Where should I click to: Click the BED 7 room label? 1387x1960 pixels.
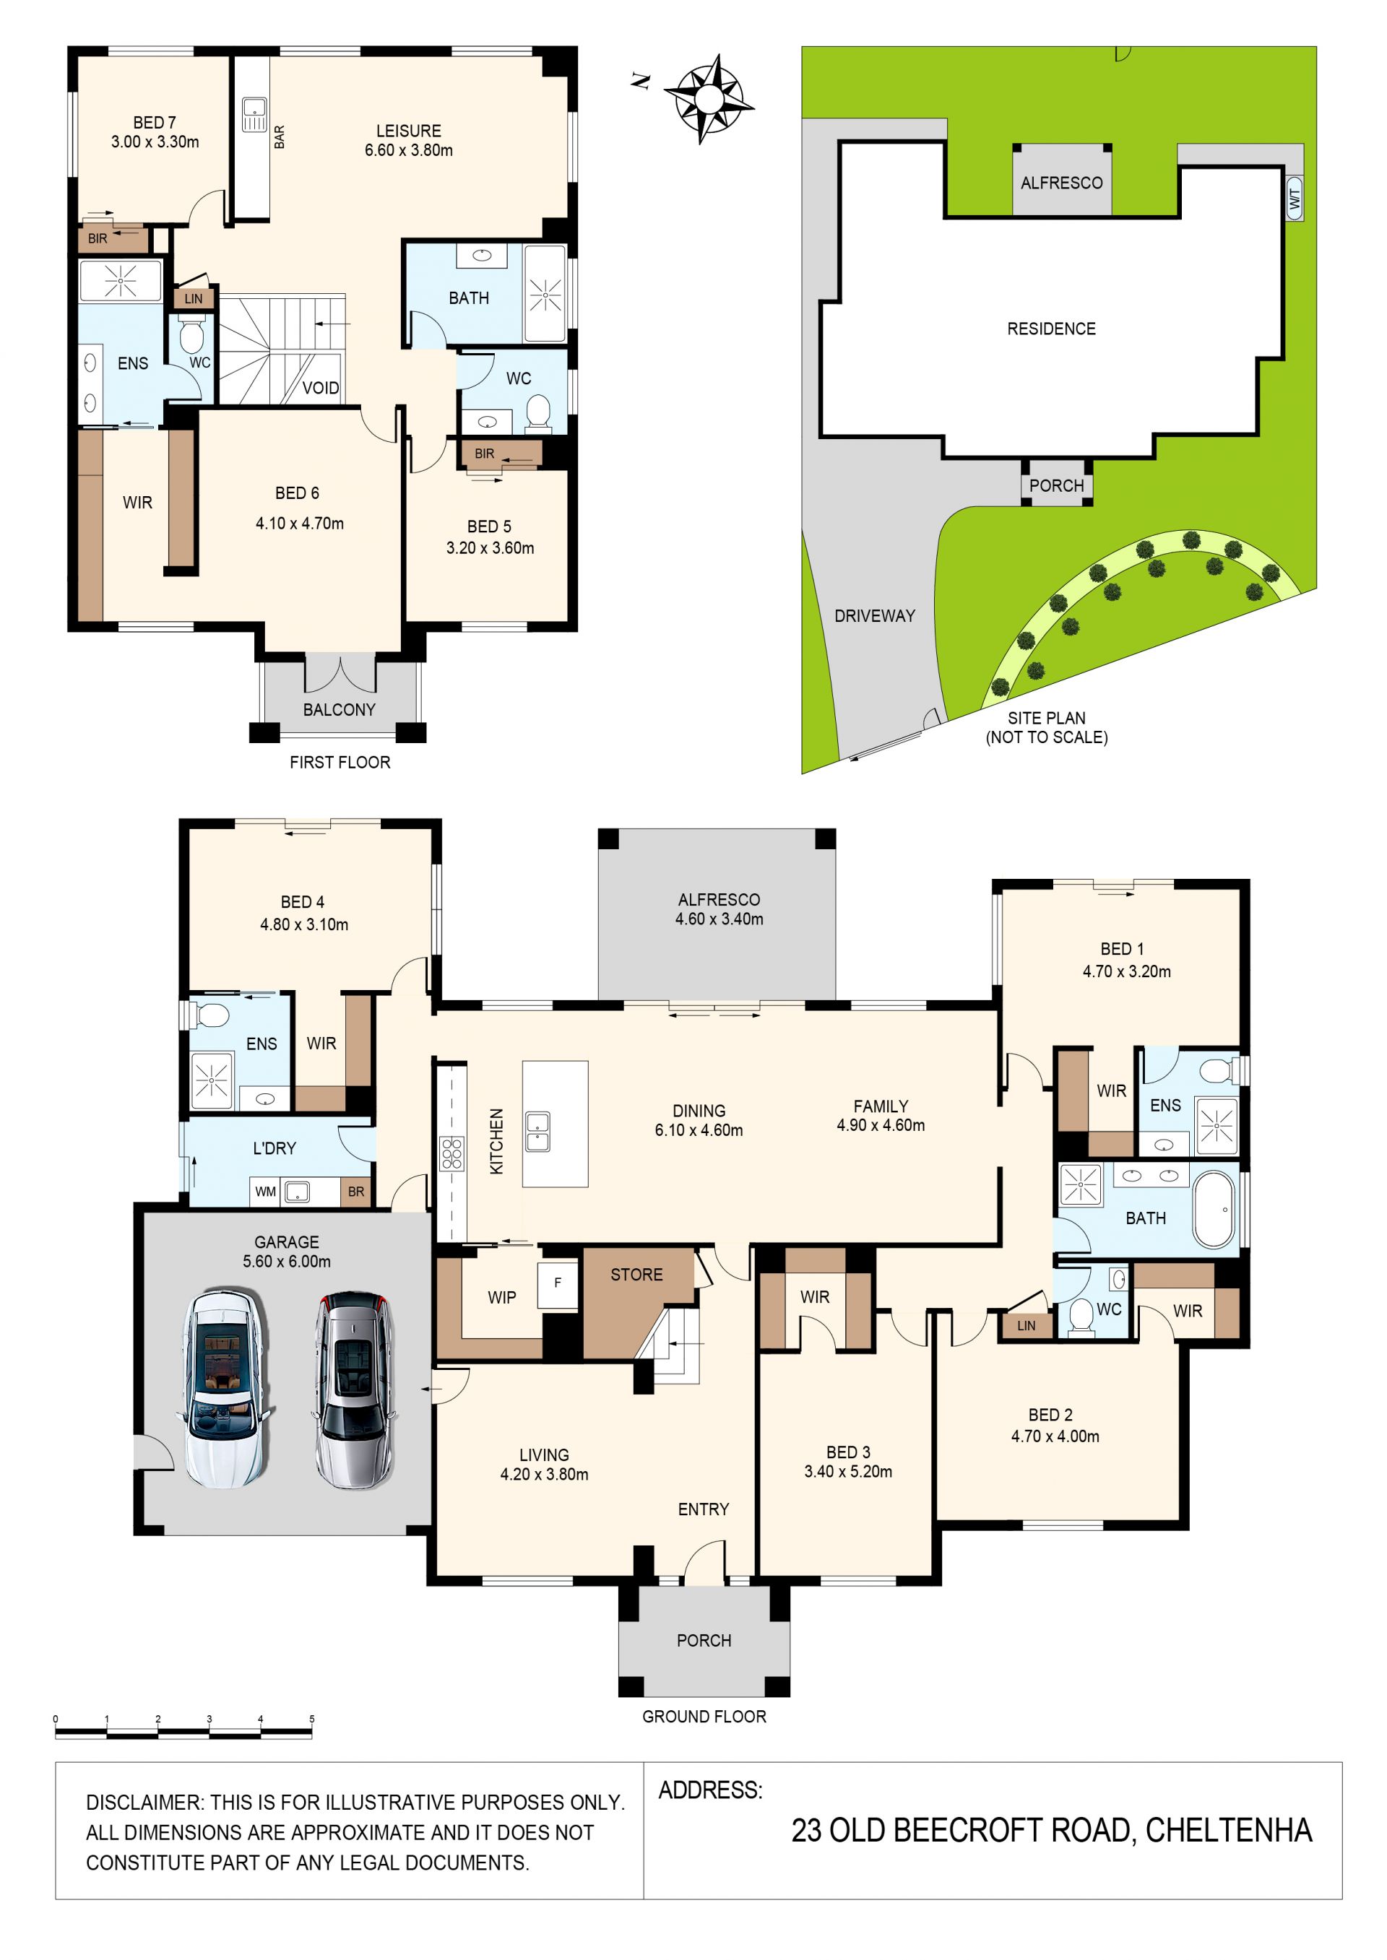pos(155,123)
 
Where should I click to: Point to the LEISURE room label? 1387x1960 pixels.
pos(408,131)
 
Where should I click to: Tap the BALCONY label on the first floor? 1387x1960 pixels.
pos(339,709)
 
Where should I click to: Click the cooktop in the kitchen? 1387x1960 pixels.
pos(451,1153)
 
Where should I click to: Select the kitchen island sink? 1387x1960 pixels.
pos(538,1132)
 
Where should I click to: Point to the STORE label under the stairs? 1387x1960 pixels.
pos(636,1275)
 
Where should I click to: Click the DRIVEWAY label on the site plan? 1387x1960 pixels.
pos(875,615)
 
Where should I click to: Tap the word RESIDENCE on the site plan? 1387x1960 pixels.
pos(1051,329)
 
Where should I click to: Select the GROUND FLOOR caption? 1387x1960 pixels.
pos(704,1716)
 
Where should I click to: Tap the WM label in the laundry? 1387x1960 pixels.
pos(266,1192)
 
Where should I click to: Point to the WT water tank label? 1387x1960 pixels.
pos(1295,199)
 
